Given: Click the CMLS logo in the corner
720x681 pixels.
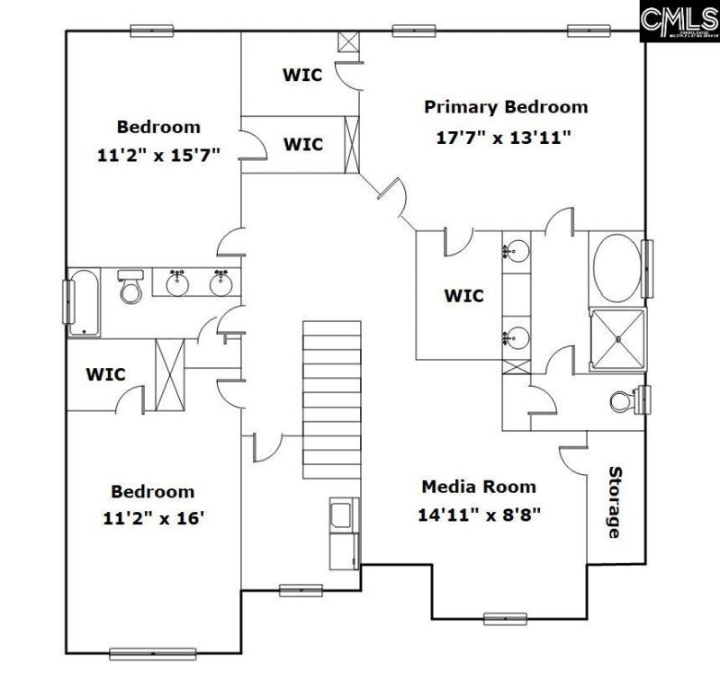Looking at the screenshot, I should pos(679,21).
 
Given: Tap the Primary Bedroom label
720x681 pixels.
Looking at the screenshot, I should pos(506,107).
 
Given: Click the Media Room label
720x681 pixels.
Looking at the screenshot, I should pos(479,487).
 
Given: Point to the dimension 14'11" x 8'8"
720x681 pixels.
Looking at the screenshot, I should pos(478,515).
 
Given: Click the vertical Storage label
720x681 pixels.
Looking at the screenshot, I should pos(615,502).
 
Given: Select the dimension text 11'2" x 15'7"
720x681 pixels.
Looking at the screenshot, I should pos(158,155).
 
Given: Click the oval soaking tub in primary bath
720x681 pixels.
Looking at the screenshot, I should pos(616,268).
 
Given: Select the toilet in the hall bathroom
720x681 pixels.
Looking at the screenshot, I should pos(131,287).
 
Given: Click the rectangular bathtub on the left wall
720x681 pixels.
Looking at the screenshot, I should pos(85,301).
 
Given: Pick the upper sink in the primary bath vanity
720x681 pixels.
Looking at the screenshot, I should pos(516,250).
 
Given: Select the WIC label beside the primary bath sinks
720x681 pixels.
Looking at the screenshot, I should pos(463,295).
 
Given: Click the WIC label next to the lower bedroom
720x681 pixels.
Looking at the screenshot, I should pos(105,373).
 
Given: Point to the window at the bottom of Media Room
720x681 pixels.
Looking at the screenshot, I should pos(505,618).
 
